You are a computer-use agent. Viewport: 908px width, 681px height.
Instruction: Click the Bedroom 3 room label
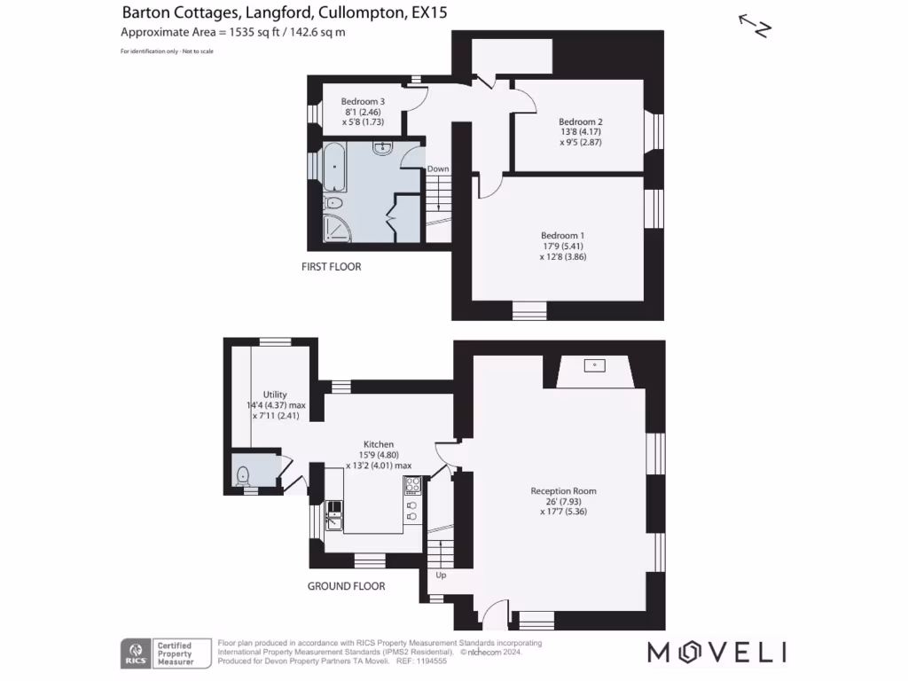point(364,102)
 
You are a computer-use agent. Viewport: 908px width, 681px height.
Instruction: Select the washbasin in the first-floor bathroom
point(384,148)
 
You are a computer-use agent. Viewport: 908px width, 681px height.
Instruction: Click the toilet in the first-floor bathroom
point(333,203)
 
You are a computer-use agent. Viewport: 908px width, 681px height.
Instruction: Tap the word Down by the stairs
point(438,169)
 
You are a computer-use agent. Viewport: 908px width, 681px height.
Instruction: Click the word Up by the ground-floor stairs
point(441,575)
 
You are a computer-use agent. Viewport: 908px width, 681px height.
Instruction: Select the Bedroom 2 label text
point(581,121)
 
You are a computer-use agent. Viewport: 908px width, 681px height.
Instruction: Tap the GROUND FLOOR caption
point(346,586)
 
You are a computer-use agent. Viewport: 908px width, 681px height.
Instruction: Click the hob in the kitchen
point(412,484)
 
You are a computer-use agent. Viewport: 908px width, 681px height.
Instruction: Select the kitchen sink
point(334,513)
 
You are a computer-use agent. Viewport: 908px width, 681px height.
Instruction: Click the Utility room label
point(275,395)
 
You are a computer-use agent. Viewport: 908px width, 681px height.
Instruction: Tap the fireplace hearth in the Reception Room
point(593,365)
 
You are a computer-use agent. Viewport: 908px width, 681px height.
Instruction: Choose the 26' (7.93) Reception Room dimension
point(563,501)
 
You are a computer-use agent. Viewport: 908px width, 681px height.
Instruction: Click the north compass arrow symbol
point(755,26)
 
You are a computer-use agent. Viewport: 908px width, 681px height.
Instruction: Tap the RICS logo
point(135,654)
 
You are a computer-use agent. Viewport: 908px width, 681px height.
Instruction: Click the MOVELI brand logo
point(716,653)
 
